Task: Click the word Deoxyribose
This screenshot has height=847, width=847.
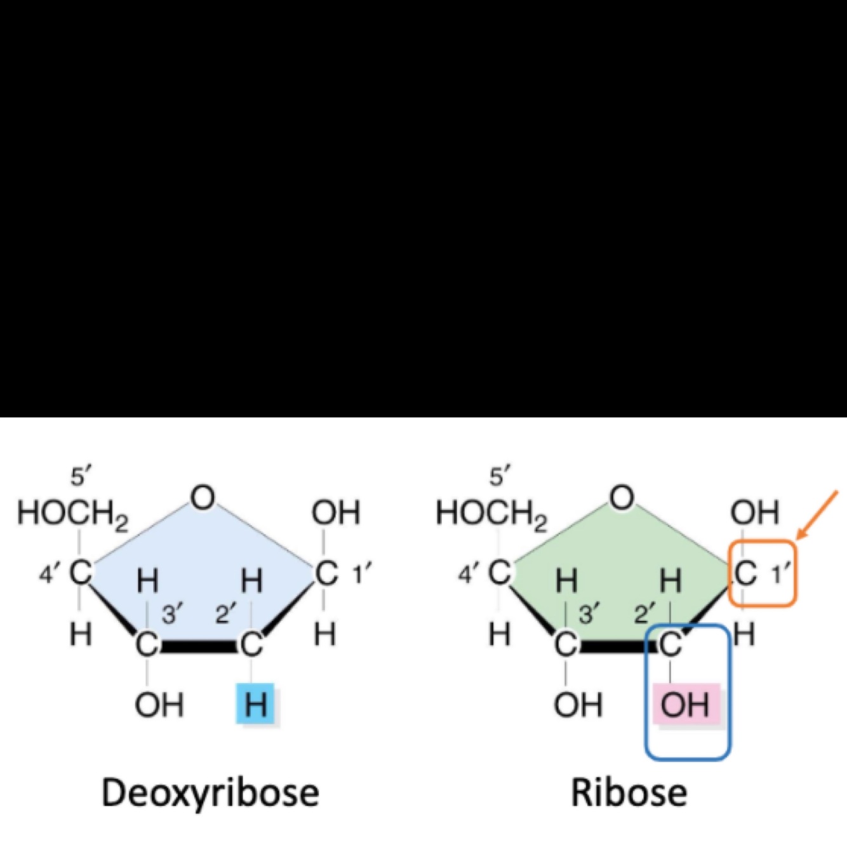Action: point(210,794)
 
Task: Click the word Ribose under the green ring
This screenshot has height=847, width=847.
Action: point(629,794)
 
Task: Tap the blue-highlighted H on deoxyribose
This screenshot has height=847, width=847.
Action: point(255,704)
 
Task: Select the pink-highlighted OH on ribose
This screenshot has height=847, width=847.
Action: point(685,704)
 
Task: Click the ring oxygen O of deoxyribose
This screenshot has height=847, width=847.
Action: point(203,498)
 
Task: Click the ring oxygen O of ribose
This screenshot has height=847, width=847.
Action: point(622,498)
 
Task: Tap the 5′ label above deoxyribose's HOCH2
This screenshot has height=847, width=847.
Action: point(81,476)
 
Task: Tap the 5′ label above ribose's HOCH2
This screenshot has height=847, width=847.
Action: point(500,476)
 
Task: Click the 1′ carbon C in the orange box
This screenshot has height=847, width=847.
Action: point(745,573)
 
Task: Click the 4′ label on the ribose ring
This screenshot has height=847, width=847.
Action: point(467,575)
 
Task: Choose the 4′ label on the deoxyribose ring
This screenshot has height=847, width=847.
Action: point(48,575)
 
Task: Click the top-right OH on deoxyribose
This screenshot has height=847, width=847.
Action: point(336,513)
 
